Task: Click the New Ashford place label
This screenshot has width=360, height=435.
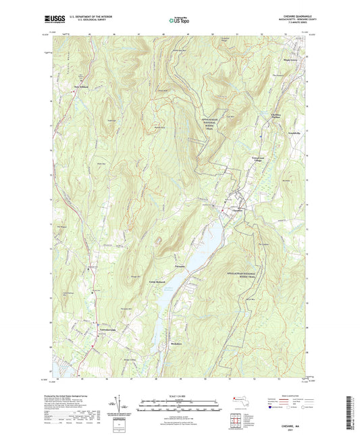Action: [x=81, y=87]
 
